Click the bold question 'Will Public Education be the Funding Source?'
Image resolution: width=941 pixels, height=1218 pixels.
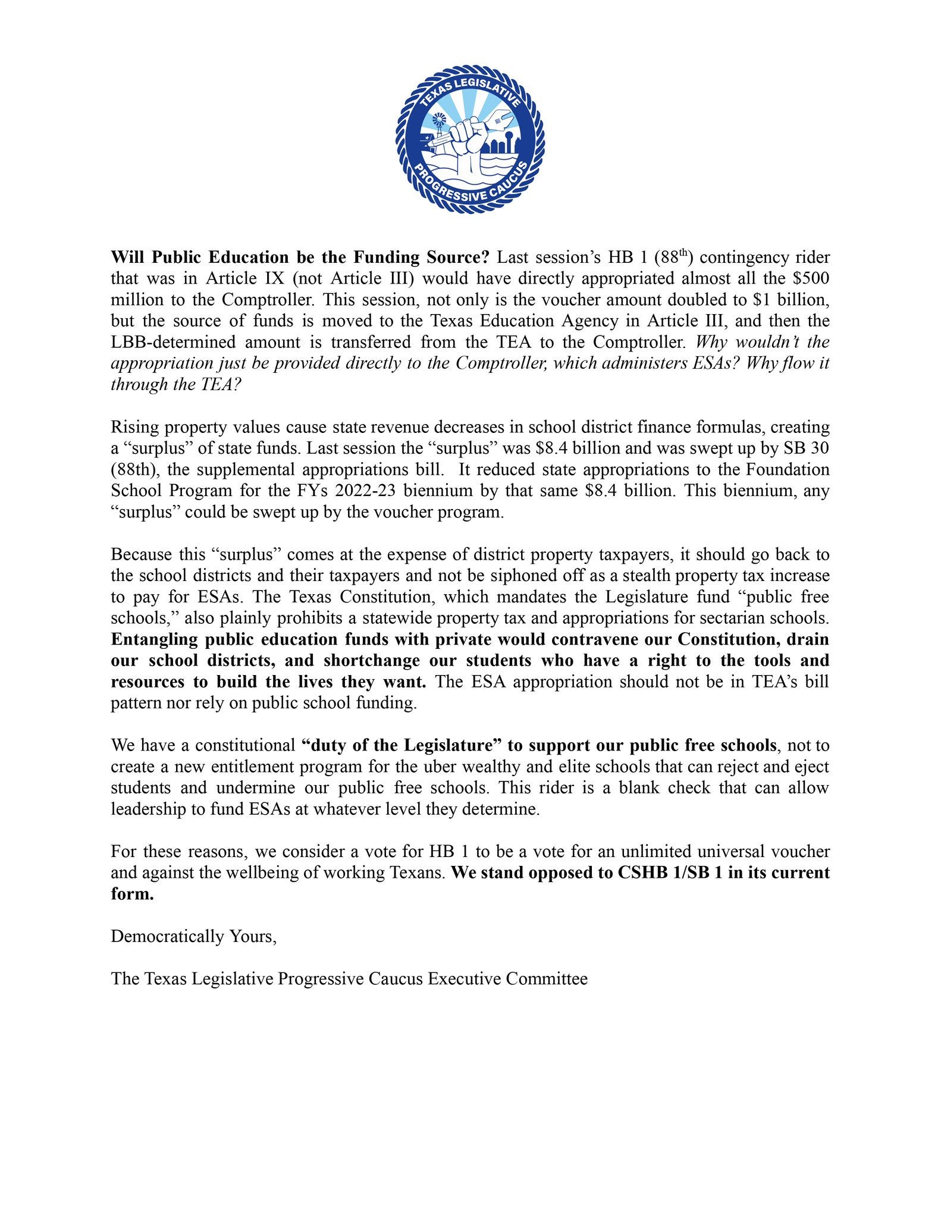pyautogui.click(x=300, y=258)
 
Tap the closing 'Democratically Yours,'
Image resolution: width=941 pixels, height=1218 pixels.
pyautogui.click(x=193, y=937)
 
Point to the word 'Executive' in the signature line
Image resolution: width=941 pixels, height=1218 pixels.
pyautogui.click(x=464, y=979)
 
